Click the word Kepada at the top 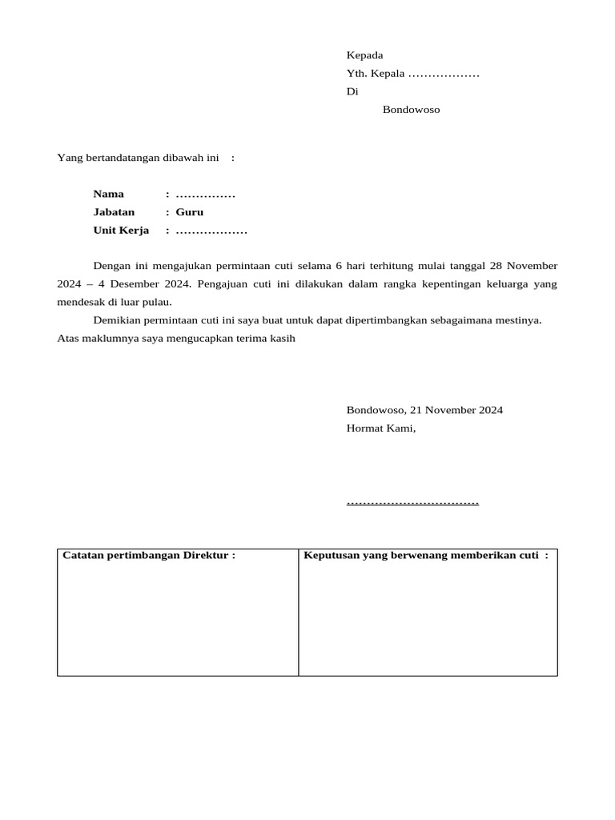(x=364, y=55)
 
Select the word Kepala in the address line (x=388, y=74)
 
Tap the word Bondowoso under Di (x=411, y=110)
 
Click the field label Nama (x=108, y=194)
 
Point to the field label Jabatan (x=114, y=212)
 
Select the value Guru (x=190, y=212)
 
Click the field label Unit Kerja (x=121, y=231)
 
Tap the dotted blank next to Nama (x=205, y=195)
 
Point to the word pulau (x=156, y=303)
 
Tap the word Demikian (x=119, y=320)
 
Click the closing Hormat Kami (x=380, y=428)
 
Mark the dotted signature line (x=412, y=502)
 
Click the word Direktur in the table (x=206, y=556)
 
